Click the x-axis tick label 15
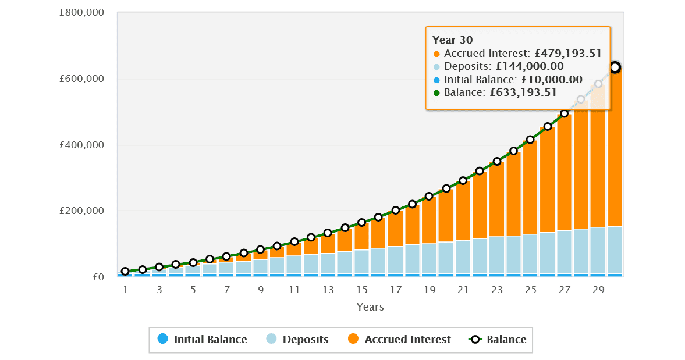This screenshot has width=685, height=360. [x=362, y=290]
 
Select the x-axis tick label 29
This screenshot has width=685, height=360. [x=598, y=290]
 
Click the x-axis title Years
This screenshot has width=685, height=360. [x=370, y=306]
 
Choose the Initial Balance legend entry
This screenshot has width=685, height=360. [x=203, y=339]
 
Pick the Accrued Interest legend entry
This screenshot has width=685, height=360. [x=399, y=339]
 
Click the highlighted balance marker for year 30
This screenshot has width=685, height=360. [x=615, y=67]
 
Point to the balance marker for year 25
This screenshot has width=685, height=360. [x=530, y=140]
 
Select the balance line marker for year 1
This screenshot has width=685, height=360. [x=125, y=272]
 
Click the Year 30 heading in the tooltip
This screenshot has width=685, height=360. [x=453, y=40]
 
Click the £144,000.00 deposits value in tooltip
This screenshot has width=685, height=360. [x=530, y=66]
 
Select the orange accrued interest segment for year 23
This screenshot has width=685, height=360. [x=496, y=198]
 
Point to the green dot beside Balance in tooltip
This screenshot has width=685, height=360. [x=437, y=93]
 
